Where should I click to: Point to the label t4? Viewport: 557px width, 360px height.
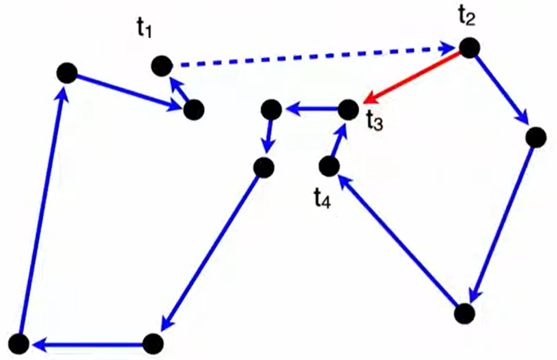pyautogui.click(x=322, y=199)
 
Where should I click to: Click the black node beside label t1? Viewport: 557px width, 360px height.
pyautogui.click(x=162, y=65)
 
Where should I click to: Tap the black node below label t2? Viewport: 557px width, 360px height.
pyautogui.click(x=468, y=47)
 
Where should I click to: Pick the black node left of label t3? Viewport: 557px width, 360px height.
pyautogui.click(x=348, y=109)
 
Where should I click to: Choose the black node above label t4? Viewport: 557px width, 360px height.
pyautogui.click(x=329, y=166)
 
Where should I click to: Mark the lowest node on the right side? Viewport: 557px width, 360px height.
pyautogui.click(x=464, y=313)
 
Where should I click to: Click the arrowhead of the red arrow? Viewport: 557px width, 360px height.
pyautogui.click(x=370, y=96)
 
